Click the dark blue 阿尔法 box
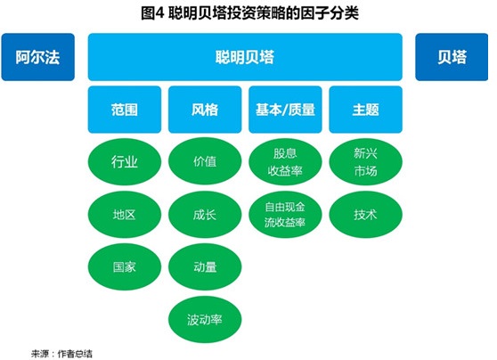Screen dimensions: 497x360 [x=38, y=57]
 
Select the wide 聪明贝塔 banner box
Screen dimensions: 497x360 [x=245, y=57]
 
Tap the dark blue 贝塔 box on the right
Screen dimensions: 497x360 [x=452, y=57]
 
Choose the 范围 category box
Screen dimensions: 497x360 [x=125, y=110]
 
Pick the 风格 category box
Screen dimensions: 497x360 [x=205, y=110]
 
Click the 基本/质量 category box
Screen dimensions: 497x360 [x=285, y=110]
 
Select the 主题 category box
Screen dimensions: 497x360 [x=366, y=110]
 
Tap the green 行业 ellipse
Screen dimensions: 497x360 [x=125, y=162]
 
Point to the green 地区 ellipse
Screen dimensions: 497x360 [x=125, y=215]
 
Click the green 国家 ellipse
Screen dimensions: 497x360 [x=125, y=266]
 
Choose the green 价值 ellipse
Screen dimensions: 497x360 [x=205, y=161]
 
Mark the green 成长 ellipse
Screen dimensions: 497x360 [x=205, y=215]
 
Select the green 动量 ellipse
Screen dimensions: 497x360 [x=205, y=266]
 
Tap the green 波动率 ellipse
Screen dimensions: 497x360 [x=205, y=319]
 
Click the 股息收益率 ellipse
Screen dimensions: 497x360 [x=285, y=162]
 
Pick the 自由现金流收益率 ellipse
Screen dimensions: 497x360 [x=285, y=215]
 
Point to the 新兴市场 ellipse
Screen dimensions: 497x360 [x=366, y=162]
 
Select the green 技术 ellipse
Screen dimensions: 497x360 [x=366, y=215]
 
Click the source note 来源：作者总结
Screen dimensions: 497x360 [x=61, y=354]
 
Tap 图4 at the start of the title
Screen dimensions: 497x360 [x=152, y=13]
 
